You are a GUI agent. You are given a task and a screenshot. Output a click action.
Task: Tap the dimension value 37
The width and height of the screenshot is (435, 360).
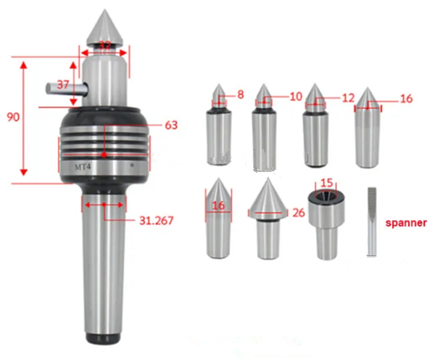pyautogui.click(x=64, y=84)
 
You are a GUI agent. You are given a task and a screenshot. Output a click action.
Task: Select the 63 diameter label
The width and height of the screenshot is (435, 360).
pyautogui.click(x=171, y=126)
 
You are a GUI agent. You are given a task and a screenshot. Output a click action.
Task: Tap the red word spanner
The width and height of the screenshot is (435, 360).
pyautogui.click(x=406, y=223)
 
